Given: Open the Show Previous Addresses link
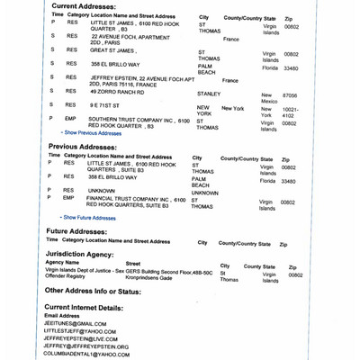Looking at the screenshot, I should tap(91, 132).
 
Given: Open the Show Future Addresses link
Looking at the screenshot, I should tap(88, 217).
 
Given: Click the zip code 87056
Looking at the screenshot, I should tap(290, 94).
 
